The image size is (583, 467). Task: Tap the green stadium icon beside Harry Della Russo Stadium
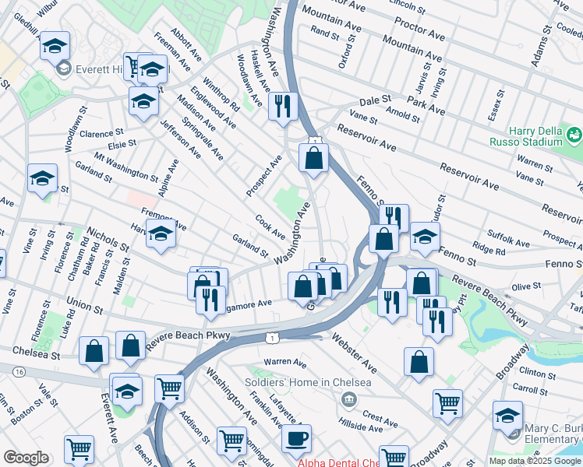point(574,135)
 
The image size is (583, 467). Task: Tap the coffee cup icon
point(296,439)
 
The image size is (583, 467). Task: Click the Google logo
point(26,458)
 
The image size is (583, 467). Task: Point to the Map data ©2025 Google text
point(535,461)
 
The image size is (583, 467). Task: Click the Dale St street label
point(375,102)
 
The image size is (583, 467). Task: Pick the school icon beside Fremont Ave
point(161,233)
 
